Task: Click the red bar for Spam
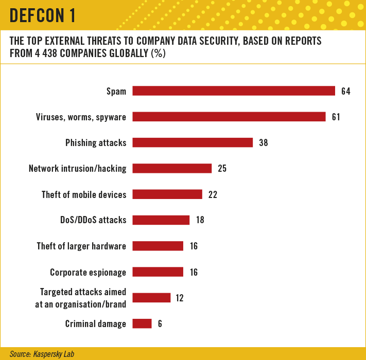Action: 234,91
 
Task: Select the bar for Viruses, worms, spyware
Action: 229,117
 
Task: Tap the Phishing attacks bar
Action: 193,142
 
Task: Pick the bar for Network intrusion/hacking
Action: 172,168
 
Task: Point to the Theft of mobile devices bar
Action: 167,194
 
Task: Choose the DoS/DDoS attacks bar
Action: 161,220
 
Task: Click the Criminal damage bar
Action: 142,323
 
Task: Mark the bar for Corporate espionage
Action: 158,272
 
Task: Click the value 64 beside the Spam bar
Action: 346,91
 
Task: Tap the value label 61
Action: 336,117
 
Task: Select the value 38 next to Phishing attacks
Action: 263,142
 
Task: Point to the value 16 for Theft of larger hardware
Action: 194,246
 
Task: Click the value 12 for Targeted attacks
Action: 180,298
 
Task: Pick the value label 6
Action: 160,323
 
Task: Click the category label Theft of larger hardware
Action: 81,246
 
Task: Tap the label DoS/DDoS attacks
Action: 93,220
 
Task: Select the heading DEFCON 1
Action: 43,15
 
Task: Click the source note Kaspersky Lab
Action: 54,354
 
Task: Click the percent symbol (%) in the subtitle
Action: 158,53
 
